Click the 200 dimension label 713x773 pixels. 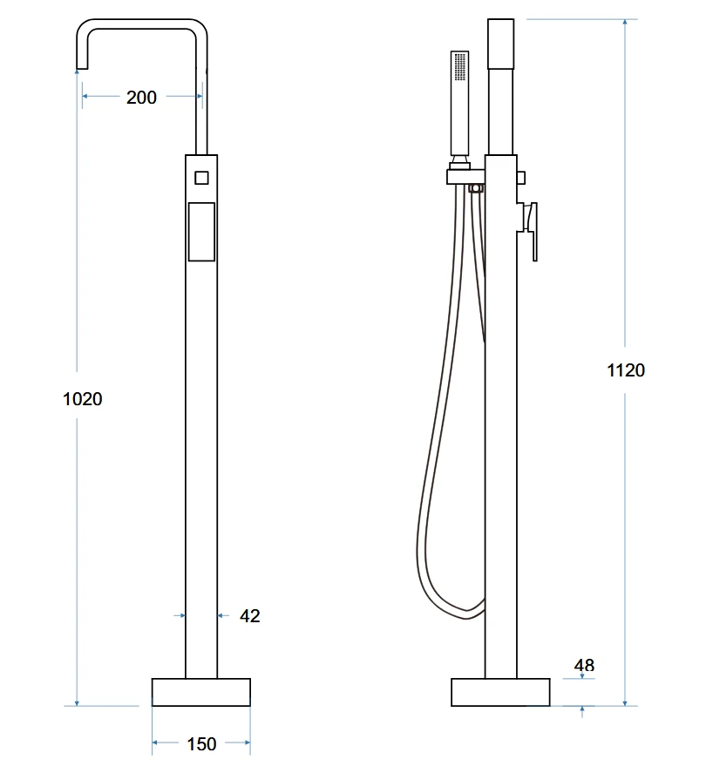[x=141, y=97]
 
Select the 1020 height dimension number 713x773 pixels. [x=82, y=399]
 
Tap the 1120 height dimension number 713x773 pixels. [x=626, y=370]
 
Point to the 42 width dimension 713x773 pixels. [x=250, y=616]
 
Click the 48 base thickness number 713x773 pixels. [x=584, y=665]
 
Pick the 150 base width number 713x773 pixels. [x=201, y=744]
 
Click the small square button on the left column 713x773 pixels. [x=201, y=178]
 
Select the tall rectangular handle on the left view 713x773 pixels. [x=201, y=232]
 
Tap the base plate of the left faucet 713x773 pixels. [x=201, y=692]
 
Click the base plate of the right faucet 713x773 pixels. [x=500, y=692]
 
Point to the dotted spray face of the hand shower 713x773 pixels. [x=460, y=66]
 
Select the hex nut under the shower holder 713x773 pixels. [x=475, y=188]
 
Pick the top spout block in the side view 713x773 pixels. [x=501, y=44]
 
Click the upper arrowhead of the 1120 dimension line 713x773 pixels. [x=625, y=23]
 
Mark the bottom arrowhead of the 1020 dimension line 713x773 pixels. [x=77, y=702]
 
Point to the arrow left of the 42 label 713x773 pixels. [x=180, y=616]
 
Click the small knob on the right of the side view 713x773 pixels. [x=521, y=178]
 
